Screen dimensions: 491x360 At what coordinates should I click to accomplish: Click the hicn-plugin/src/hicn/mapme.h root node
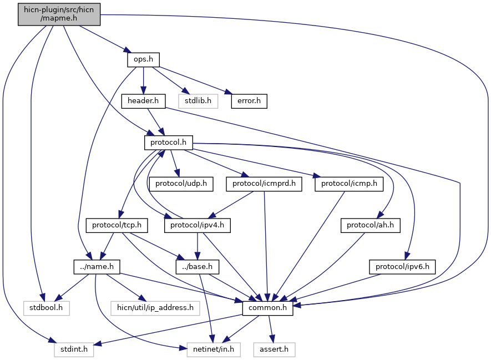point(59,14)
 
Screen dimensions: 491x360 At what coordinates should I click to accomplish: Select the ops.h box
point(144,59)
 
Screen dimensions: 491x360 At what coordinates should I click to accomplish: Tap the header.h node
point(143,101)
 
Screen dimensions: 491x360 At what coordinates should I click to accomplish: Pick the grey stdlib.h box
point(198,101)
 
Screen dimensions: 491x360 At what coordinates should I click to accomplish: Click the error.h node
point(249,101)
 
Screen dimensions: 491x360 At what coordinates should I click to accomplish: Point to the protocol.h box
point(169,143)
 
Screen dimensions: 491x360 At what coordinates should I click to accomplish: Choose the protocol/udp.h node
point(181,184)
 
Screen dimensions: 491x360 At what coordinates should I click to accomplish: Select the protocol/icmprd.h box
point(264,184)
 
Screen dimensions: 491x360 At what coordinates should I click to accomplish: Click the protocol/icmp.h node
point(349,184)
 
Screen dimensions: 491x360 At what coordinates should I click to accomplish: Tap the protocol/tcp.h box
point(117,225)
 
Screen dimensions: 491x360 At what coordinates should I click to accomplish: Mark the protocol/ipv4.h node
point(198,225)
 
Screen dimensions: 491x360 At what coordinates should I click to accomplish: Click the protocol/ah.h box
point(371,225)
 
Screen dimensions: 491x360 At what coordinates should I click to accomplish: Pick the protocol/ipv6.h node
point(402,267)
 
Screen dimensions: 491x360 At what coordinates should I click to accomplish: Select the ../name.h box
point(97,267)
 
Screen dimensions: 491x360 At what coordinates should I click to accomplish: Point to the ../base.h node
point(198,267)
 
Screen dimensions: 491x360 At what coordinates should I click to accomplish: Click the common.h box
point(268,308)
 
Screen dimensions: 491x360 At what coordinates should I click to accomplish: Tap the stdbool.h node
point(46,308)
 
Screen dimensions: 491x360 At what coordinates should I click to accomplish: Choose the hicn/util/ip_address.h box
point(155,308)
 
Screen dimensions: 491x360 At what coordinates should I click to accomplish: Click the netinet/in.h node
point(214,349)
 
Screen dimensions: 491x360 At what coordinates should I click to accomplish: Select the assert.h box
point(274,349)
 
